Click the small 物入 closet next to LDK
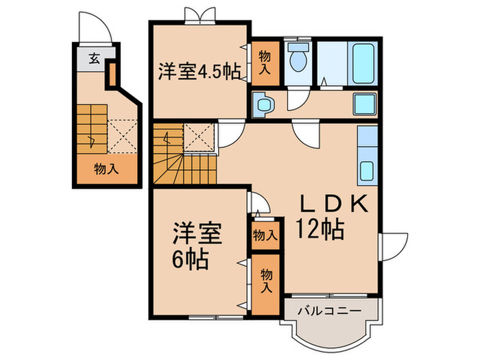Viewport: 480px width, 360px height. click(x=265, y=235)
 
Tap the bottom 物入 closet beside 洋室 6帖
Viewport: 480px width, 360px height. click(x=265, y=280)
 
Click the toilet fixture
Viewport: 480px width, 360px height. click(x=298, y=59)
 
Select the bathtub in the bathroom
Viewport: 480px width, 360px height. click(x=362, y=64)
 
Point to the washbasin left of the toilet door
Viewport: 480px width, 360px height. click(x=264, y=105)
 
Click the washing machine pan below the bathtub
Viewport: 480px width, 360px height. click(x=364, y=104)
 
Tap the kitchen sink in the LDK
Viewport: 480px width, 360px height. click(x=366, y=170)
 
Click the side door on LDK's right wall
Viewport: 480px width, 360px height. click(x=391, y=245)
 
